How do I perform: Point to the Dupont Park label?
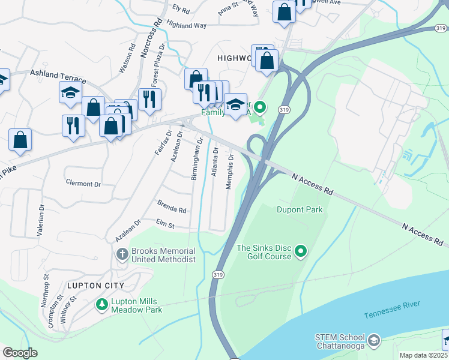300,209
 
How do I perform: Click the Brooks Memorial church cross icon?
122,254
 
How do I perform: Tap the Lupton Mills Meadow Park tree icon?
101,305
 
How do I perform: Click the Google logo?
20,353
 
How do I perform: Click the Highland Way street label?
186,25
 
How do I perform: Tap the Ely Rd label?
181,10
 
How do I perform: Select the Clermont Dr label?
83,183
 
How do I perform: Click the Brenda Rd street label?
172,208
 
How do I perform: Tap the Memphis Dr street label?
229,172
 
